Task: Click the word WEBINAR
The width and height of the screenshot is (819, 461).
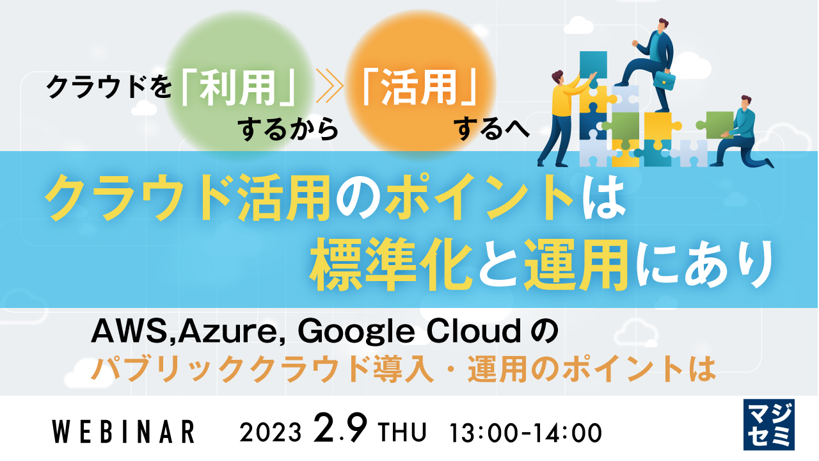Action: click(123, 432)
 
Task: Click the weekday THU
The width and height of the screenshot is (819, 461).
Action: click(402, 433)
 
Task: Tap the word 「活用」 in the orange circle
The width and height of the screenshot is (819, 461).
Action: click(419, 92)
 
